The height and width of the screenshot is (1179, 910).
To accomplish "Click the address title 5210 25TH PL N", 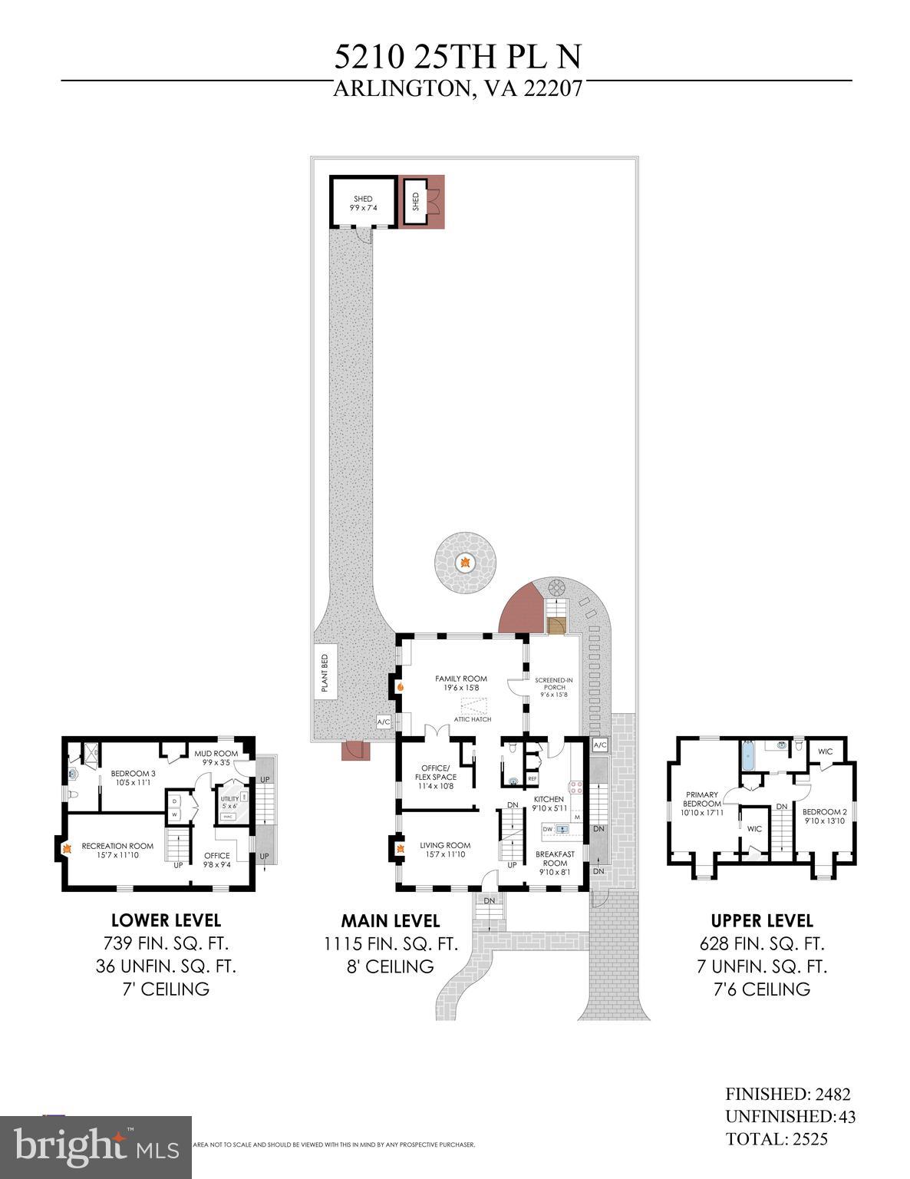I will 457,57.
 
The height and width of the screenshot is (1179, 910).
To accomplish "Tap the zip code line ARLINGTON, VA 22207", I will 457,89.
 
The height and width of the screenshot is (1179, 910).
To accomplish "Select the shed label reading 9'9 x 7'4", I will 363,203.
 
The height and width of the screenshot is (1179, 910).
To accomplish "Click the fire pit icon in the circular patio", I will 464,563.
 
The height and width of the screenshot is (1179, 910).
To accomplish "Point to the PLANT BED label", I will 325,672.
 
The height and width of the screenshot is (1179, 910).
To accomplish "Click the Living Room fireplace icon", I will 400,849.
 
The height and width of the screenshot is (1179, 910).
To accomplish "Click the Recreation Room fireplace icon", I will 67,848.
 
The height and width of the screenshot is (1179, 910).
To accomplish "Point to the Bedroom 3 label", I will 133,778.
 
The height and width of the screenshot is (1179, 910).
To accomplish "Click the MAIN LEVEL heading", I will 391,920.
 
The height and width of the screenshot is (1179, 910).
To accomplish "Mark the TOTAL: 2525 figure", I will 776,1139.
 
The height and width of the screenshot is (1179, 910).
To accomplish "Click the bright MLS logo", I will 96,1147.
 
